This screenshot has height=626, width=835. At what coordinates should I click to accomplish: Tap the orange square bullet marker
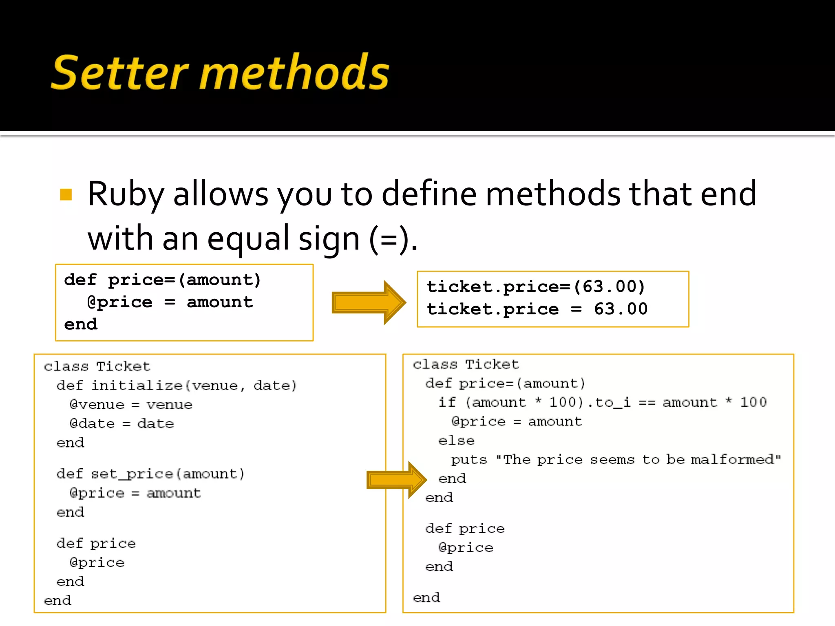tap(66, 194)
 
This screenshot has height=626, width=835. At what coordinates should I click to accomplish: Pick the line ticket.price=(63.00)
tap(535, 287)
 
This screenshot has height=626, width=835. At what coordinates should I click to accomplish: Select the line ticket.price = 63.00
tap(537, 309)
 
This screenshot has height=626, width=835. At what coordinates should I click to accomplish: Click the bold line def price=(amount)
tap(162, 280)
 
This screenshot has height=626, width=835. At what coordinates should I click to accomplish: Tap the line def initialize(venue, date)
tap(176, 385)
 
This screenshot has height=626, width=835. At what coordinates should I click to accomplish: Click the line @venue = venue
tap(130, 404)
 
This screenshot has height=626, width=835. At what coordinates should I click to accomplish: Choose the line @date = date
tap(121, 423)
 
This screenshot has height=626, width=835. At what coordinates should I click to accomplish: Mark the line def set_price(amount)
tap(150, 474)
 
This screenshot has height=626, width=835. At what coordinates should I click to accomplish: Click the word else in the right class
tap(456, 441)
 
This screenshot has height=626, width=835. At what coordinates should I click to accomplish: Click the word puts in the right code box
tap(468, 459)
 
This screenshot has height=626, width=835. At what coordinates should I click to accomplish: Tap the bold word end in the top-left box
tap(81, 324)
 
